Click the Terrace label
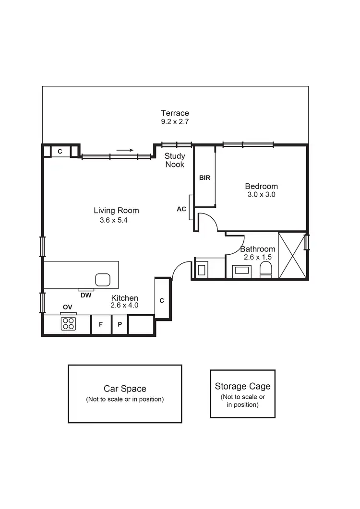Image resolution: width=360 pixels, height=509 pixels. coord(175,113)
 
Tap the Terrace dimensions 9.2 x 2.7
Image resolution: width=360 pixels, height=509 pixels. coord(175,122)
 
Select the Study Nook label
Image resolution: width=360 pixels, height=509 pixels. coord(175,160)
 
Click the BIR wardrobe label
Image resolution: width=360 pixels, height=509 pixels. coord(205,178)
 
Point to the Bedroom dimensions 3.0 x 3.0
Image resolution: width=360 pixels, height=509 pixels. coord(261,195)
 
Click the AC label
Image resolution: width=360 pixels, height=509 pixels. coord(181,209)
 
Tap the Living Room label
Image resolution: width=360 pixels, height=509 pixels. coord(116,211)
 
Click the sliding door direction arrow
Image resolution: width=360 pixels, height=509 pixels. coord(125,150)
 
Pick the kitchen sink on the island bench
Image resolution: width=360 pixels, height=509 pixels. coord(103,279)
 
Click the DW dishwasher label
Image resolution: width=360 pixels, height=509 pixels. coord(86,296)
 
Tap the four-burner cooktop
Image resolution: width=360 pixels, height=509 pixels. coord(68,324)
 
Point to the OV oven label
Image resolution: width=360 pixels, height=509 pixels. coord(68,307)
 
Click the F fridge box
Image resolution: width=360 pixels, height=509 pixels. coord(101,324)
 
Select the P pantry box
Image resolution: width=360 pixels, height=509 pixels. coord(120,324)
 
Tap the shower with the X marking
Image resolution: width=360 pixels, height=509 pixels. coord(292,255)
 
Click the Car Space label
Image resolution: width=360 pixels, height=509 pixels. coord(125,389)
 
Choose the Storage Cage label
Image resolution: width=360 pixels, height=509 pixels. coord(242,386)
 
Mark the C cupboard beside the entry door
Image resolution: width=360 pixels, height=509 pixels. coord(162,301)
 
